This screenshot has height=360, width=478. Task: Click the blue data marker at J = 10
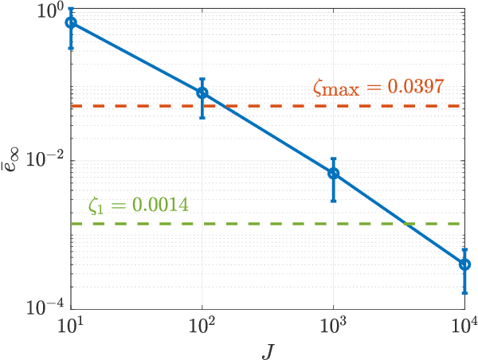tap(72, 22)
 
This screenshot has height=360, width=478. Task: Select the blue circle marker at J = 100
tap(202, 92)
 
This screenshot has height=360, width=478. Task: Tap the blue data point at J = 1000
tap(334, 173)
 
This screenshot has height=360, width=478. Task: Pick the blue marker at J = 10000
tap(464, 264)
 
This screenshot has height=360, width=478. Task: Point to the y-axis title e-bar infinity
tap(18, 164)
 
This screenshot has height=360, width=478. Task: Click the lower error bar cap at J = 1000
tap(334, 201)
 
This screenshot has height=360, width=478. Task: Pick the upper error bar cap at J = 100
tap(202, 79)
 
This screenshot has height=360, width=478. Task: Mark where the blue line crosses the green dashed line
tap(409, 224)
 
